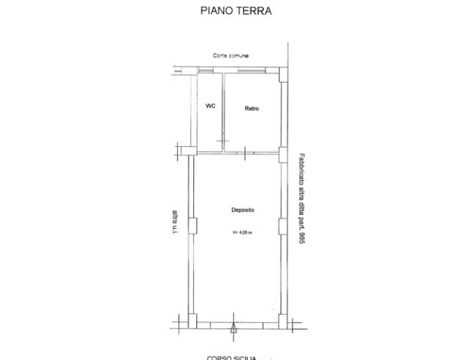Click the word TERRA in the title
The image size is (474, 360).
coord(255,11)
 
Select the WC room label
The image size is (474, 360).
coord(211,105)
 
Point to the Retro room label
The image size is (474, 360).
coord(252,109)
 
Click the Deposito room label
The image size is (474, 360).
coord(242,210)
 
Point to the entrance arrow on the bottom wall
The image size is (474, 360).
coord(233,329)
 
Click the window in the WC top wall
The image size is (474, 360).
coord(209,70)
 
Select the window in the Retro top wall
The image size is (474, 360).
coord(251,70)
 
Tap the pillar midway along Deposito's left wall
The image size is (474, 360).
coord(192,226)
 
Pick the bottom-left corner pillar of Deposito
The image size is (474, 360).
coord(192,320)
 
